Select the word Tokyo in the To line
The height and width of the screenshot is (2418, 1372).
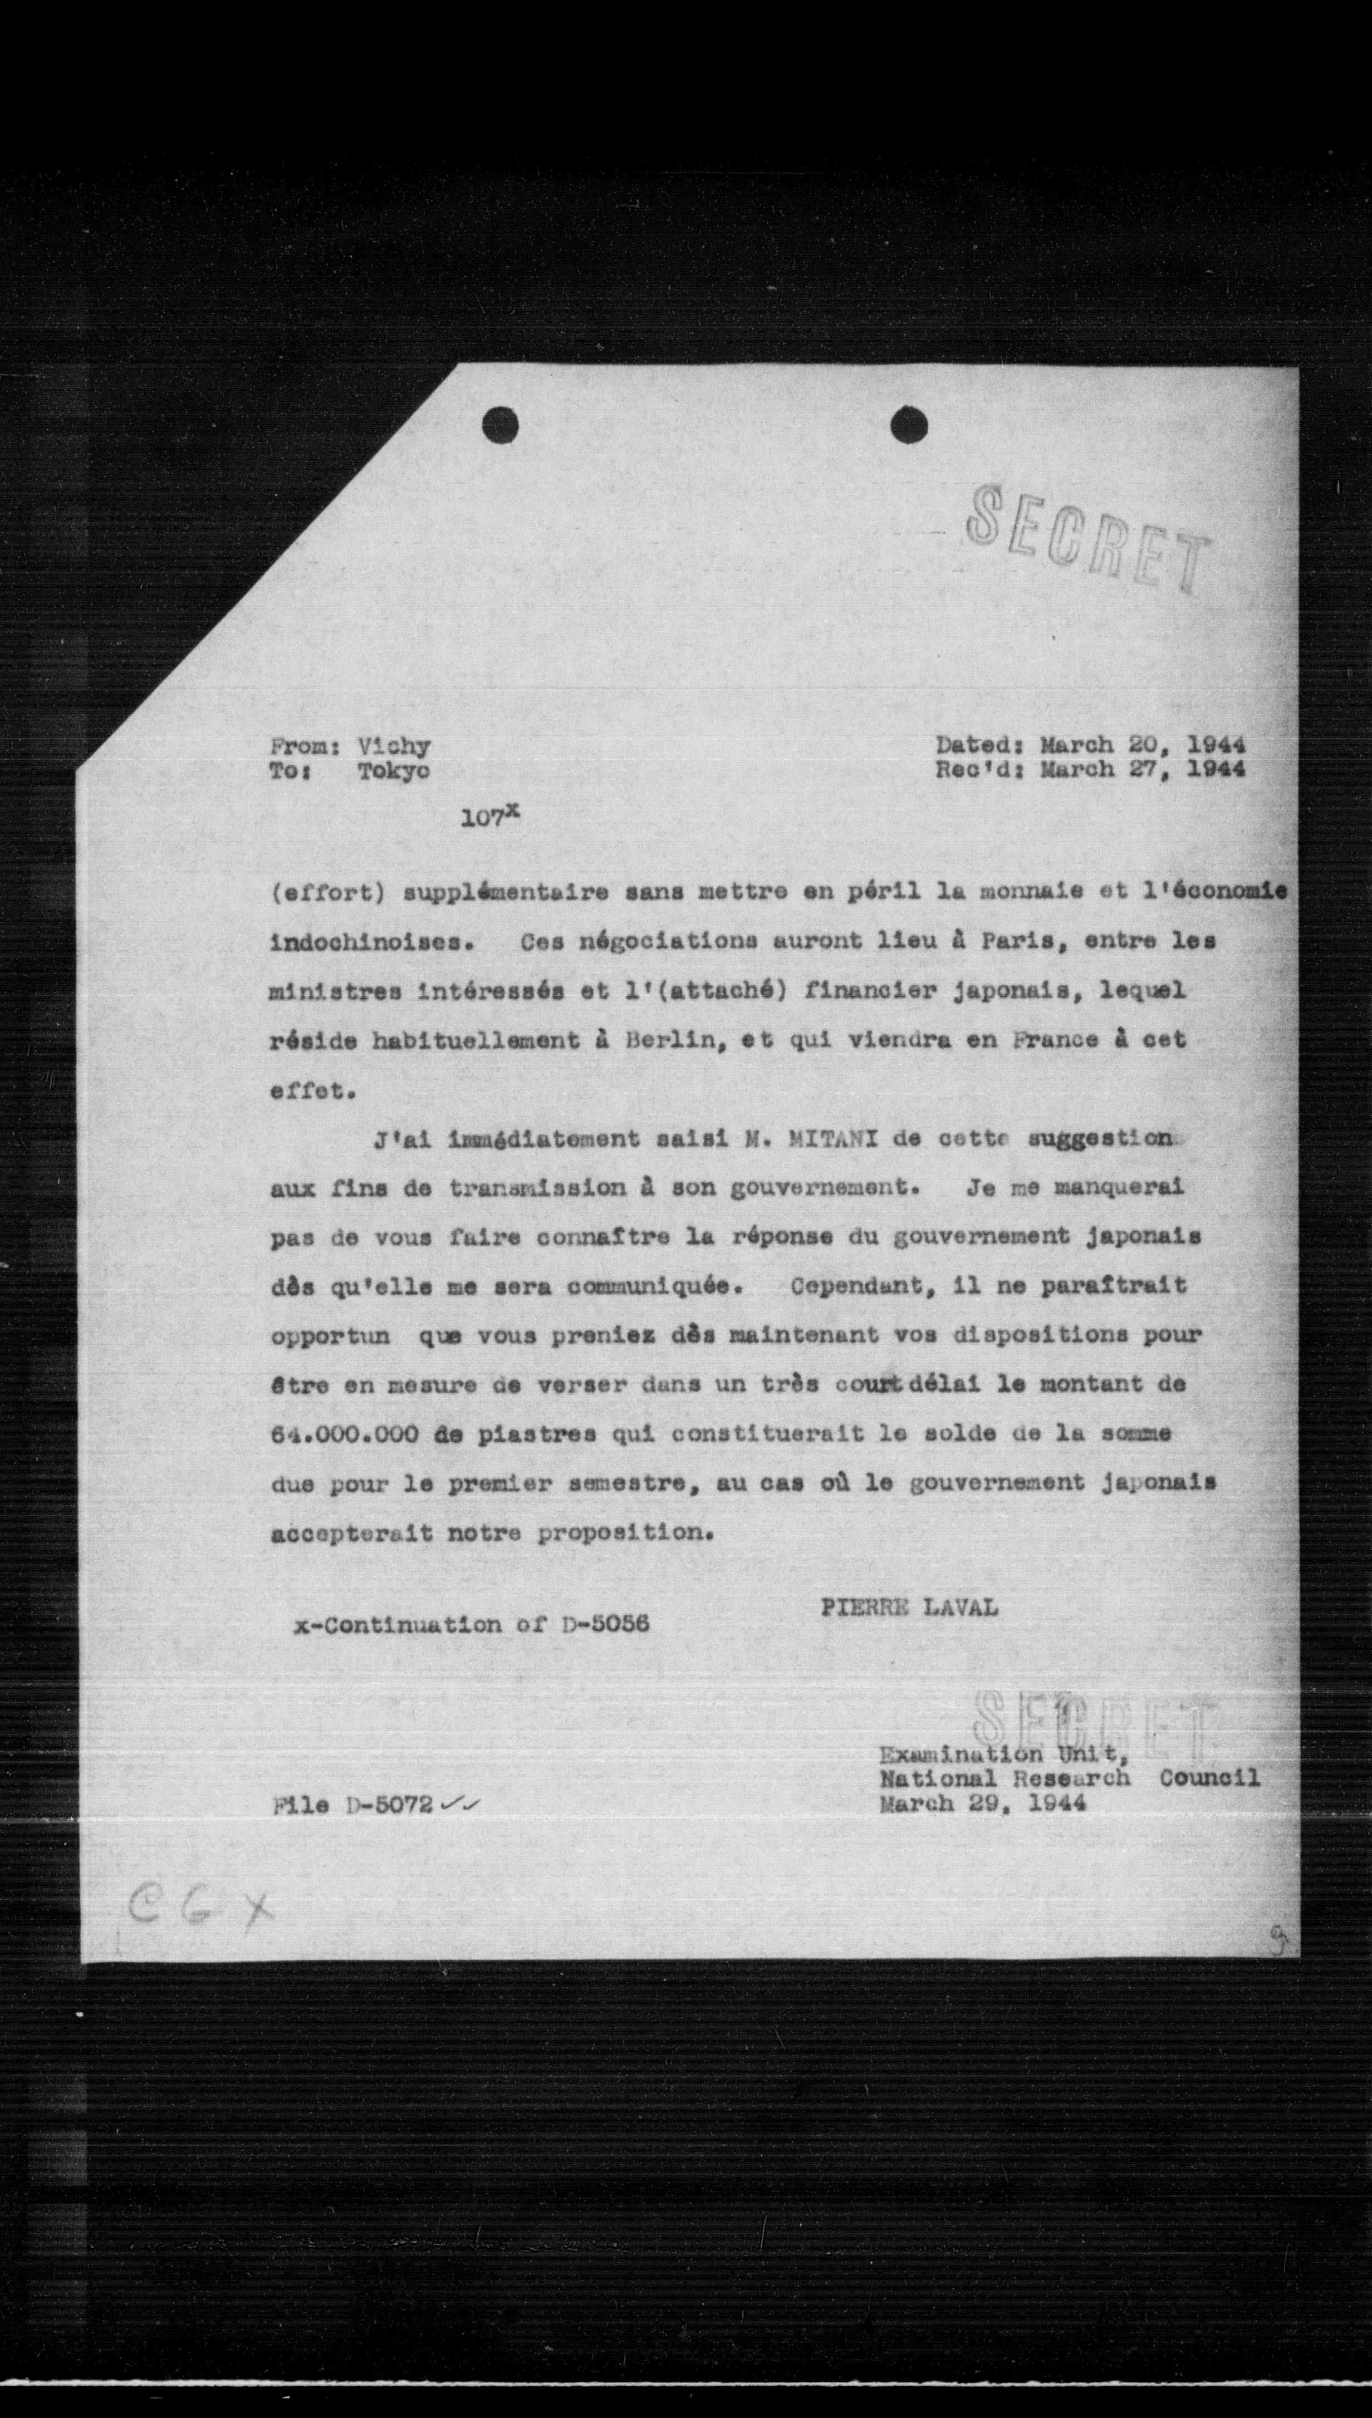point(393,770)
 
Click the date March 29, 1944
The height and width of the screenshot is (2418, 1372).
point(982,1803)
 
